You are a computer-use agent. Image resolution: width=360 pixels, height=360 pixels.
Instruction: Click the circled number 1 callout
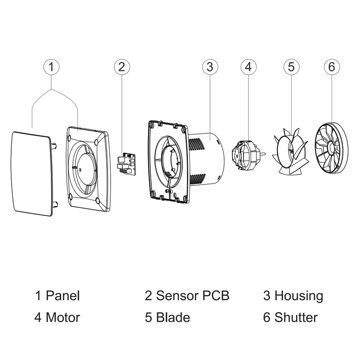[52, 67]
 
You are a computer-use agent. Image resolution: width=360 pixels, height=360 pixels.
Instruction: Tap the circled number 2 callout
[121, 67]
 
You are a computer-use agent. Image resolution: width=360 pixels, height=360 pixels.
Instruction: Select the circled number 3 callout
[209, 67]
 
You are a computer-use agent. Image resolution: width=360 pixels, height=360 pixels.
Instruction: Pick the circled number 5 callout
[291, 67]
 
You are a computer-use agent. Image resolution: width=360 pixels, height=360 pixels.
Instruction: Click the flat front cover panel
[31, 173]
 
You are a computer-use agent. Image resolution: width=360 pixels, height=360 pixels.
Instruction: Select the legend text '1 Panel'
[57, 296]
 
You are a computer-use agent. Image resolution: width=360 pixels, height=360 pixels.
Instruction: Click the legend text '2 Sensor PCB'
[187, 296]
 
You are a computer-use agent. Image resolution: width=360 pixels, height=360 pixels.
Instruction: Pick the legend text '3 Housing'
[293, 296]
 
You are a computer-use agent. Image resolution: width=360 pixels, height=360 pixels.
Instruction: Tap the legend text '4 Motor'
[57, 317]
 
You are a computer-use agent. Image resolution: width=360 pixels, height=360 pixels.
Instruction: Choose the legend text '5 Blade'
[167, 317]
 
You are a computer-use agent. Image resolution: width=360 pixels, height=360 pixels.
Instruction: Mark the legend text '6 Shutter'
[290, 317]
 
